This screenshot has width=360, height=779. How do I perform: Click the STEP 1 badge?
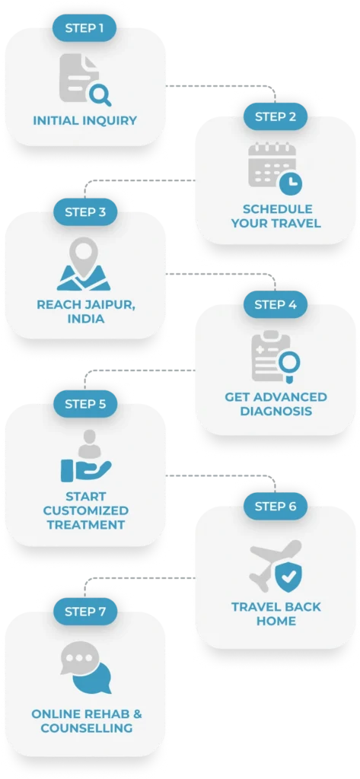click(85, 28)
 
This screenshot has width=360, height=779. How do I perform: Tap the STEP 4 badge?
click(276, 304)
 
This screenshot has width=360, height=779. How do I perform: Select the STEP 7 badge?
click(85, 612)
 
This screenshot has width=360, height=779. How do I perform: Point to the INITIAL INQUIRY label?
click(85, 120)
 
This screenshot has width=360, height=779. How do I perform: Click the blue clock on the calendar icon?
click(291, 182)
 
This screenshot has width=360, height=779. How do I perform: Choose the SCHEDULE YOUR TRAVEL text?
click(276, 216)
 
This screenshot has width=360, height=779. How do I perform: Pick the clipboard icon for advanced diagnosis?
click(272, 356)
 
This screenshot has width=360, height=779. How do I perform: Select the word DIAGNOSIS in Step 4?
click(276, 412)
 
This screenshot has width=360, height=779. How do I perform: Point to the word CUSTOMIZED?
click(85, 510)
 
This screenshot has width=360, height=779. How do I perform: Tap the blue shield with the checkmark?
click(288, 578)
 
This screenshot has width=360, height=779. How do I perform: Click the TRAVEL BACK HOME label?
click(276, 614)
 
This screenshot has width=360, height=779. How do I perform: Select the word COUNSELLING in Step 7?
click(87, 728)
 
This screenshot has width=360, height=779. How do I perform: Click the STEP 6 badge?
click(276, 506)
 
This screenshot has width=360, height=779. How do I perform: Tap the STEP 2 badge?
click(276, 116)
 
